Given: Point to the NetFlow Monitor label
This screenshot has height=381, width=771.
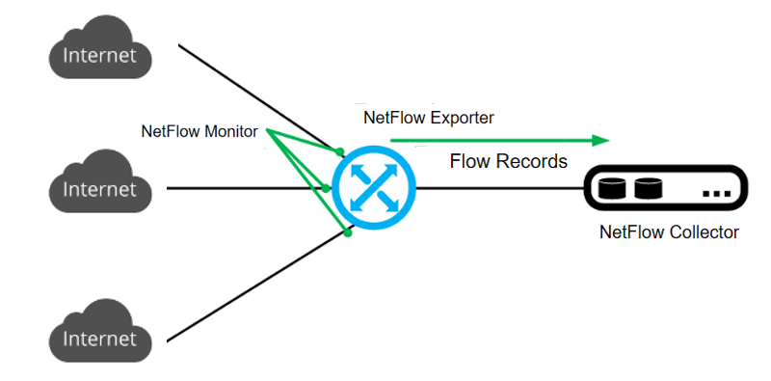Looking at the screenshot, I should click(199, 131).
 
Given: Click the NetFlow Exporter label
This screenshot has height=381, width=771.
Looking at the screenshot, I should click(428, 118).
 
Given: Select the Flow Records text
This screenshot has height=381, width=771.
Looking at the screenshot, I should click(509, 161).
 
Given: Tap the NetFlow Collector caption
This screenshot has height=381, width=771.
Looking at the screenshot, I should click(669, 232).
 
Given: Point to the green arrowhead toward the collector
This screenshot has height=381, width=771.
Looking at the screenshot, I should click(601, 140).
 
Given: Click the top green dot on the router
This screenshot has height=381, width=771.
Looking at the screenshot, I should click(340, 151).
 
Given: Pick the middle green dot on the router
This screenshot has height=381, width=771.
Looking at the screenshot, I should click(326, 187).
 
